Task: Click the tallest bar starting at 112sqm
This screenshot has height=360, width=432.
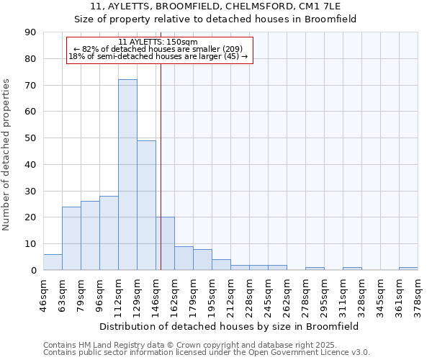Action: [127, 175]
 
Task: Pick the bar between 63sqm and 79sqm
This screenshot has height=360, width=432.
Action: [71, 238]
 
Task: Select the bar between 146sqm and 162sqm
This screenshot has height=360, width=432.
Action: [165, 243]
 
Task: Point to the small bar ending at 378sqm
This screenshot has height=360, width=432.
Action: [408, 269]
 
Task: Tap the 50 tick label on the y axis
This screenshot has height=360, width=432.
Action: [31, 138]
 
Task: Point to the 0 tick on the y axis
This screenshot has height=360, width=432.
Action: [34, 270]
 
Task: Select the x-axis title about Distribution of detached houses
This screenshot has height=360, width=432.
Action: [230, 326]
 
